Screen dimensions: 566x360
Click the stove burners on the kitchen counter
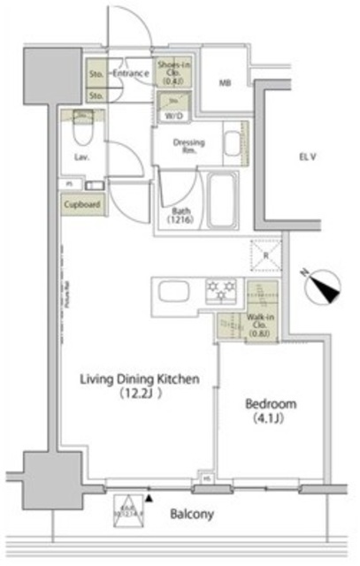pyautogui.click(x=221, y=287)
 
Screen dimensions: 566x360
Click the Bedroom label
pyautogui.click(x=271, y=403)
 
